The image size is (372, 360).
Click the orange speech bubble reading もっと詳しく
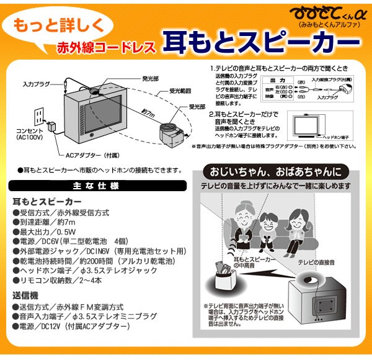(x=61, y=27)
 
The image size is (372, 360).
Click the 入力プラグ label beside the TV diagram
(x=36, y=83)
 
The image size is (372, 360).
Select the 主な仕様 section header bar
(x=96, y=186)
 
